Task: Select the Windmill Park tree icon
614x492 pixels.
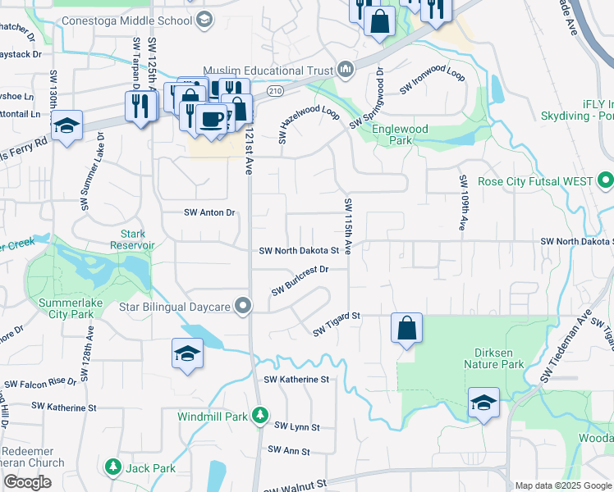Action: coord(260,416)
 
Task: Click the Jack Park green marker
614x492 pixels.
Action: coord(112,467)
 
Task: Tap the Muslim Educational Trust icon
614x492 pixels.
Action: coord(346,67)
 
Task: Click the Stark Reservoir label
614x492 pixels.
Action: coord(133,239)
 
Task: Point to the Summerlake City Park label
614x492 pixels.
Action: coord(73,307)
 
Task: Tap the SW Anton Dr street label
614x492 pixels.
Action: coord(209,212)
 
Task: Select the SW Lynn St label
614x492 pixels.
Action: coord(296,427)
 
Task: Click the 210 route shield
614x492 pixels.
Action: coord(274,89)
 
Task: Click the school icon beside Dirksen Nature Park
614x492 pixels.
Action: coord(484,402)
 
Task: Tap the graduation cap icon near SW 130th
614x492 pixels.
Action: coord(67,125)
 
